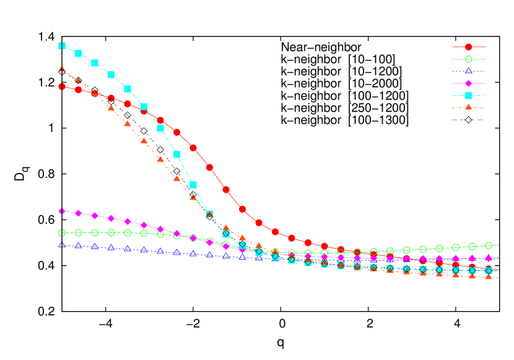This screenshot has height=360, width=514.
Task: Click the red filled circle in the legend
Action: tap(468, 47)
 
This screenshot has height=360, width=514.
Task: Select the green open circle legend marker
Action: tap(468, 59)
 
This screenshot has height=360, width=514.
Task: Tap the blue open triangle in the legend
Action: tap(468, 71)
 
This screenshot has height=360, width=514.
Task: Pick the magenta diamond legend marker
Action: tap(468, 83)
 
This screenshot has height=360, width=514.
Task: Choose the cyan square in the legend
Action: tap(468, 95)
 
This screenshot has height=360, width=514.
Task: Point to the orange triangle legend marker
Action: tap(468, 107)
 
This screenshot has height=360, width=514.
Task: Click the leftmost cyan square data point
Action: tap(62, 46)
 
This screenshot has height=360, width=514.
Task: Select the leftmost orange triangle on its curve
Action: tap(62, 69)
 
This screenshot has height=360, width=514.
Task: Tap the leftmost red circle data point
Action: tap(62, 87)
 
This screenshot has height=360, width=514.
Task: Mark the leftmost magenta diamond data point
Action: tap(62, 211)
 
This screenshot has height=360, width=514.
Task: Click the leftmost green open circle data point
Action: tap(62, 233)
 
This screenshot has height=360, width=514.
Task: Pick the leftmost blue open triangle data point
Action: tap(62, 245)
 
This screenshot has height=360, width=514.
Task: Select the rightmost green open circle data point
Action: tap(489, 246)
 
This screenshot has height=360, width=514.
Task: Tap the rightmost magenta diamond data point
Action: tap(489, 258)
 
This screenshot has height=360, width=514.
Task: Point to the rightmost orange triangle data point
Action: tap(489, 277)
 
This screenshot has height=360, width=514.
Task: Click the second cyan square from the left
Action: tap(79, 53)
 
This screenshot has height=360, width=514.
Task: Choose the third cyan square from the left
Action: tap(95, 63)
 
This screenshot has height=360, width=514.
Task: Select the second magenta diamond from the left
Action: tap(79, 213)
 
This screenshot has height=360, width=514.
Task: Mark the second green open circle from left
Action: tap(79, 233)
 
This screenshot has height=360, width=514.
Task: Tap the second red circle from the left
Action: tap(79, 90)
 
